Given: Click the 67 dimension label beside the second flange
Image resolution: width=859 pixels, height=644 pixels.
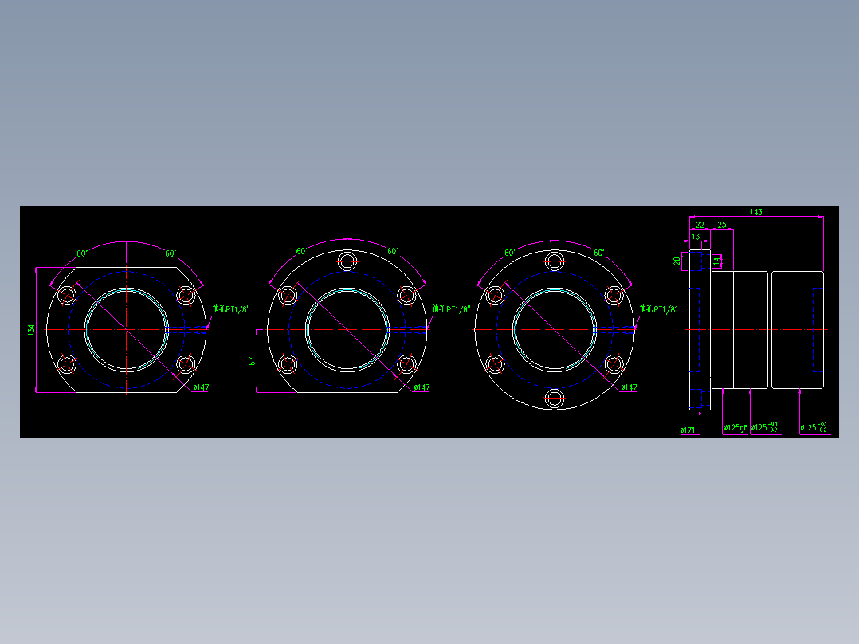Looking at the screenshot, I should coord(252,361).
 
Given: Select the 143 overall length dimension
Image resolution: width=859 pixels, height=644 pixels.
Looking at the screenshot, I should coord(756,212).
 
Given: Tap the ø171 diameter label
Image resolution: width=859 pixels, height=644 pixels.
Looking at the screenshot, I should coord(687,430).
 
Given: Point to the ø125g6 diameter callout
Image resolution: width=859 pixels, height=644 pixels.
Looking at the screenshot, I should coord(735,429).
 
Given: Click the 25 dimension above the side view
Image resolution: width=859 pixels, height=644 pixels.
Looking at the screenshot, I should coord(722,226).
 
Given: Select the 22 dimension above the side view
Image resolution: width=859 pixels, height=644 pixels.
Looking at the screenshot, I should coord(700,226).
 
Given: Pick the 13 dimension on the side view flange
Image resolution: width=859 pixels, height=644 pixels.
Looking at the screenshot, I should coord(696,237).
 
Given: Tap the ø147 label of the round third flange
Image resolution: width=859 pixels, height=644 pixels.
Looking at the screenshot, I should coord(629,387).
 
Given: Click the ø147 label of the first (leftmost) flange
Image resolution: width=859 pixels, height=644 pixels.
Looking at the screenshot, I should coord(201,387).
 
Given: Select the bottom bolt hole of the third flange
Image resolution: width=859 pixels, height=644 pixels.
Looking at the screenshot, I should coord(554,398).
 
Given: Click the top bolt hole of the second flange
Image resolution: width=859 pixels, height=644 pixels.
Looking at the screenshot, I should coord(347,261).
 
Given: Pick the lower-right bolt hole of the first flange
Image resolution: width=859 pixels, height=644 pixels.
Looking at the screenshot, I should coord(186,364).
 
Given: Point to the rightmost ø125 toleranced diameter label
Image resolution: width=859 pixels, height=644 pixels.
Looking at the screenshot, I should coord(814,428).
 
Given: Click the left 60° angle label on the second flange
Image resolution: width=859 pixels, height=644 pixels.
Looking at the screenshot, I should coord(301,251).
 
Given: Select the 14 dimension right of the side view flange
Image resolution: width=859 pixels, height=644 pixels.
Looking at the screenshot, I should coord(716,261).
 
